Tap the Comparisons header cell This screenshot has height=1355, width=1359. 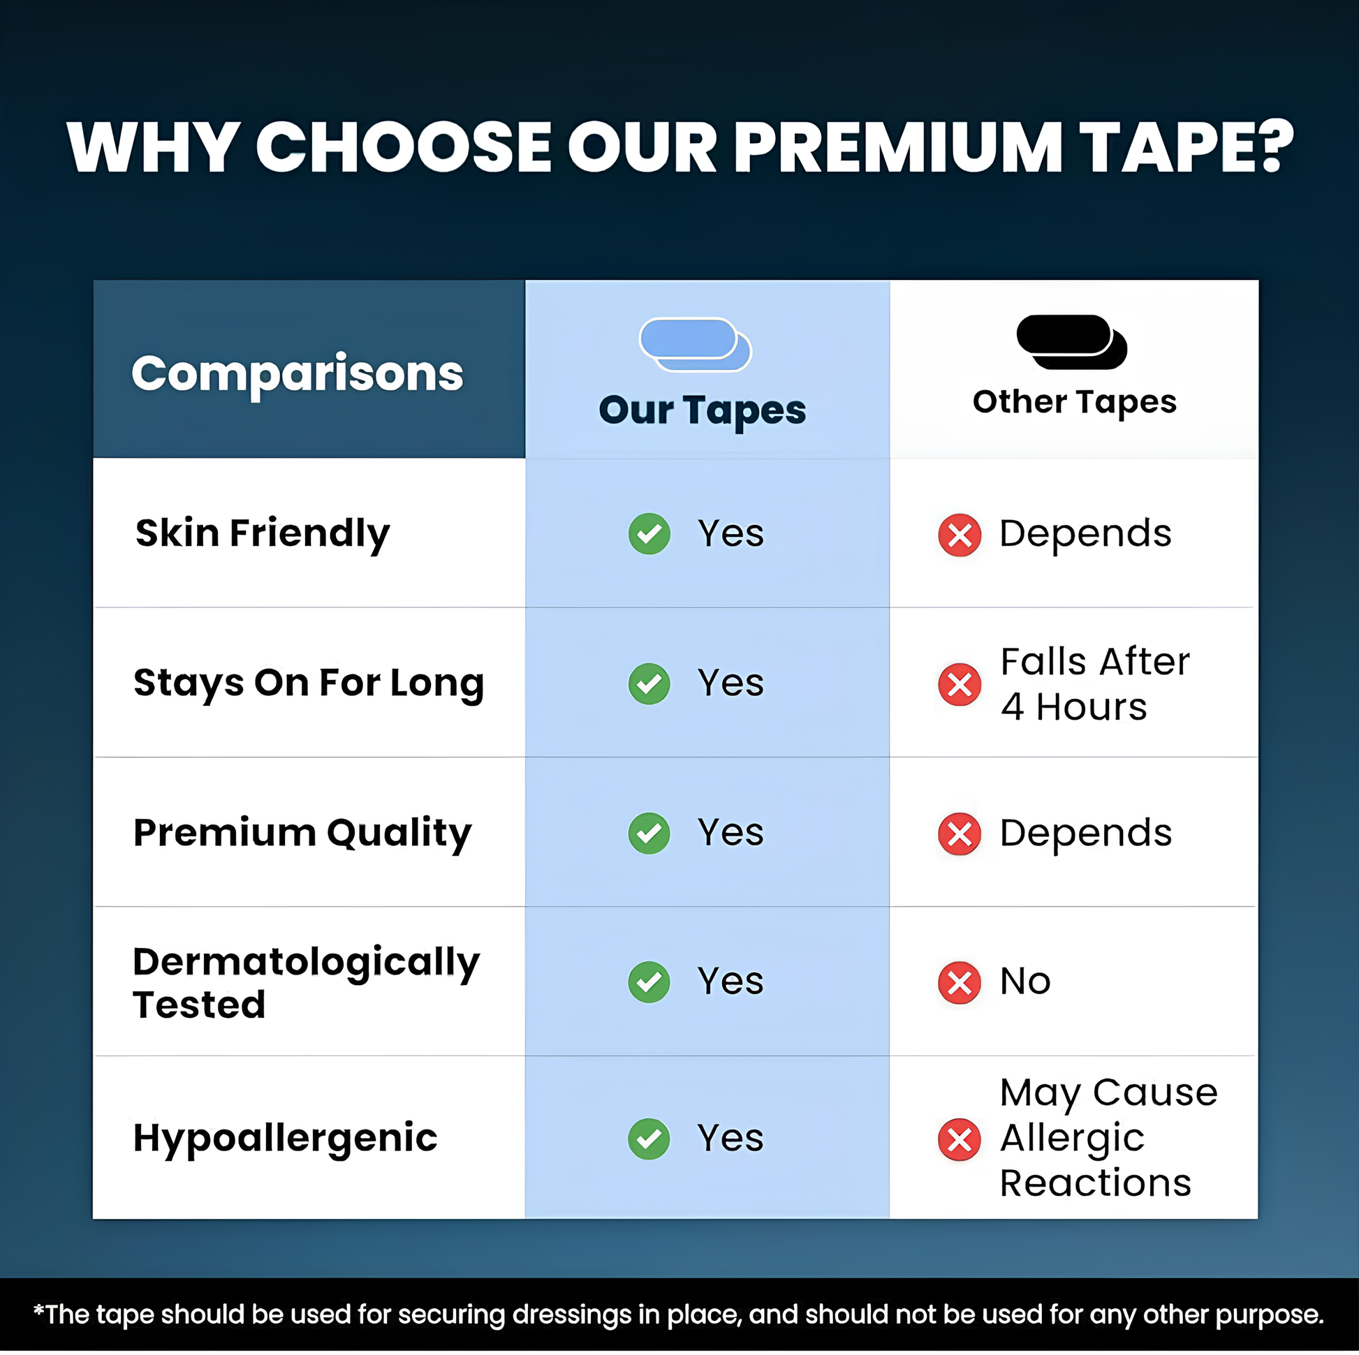(x=309, y=369)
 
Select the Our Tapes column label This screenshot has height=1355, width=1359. (x=702, y=410)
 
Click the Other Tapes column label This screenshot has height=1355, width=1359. (x=1074, y=402)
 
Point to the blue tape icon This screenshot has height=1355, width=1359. (x=695, y=345)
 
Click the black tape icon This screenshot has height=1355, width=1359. (x=1071, y=342)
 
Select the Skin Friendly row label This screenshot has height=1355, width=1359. (x=262, y=534)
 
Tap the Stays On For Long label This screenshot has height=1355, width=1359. (x=309, y=683)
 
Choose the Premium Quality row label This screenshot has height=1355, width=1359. (x=302, y=834)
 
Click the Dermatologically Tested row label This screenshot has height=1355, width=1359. (x=306, y=982)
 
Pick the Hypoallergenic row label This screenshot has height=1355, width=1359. (x=285, y=1139)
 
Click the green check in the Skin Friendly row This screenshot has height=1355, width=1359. (x=649, y=534)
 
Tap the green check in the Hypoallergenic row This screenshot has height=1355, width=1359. (x=649, y=1139)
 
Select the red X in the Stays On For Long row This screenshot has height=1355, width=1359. (x=960, y=684)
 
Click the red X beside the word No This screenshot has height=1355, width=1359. (x=960, y=982)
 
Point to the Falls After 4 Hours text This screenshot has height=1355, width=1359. (x=1094, y=684)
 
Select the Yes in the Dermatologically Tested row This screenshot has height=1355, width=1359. (x=730, y=982)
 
